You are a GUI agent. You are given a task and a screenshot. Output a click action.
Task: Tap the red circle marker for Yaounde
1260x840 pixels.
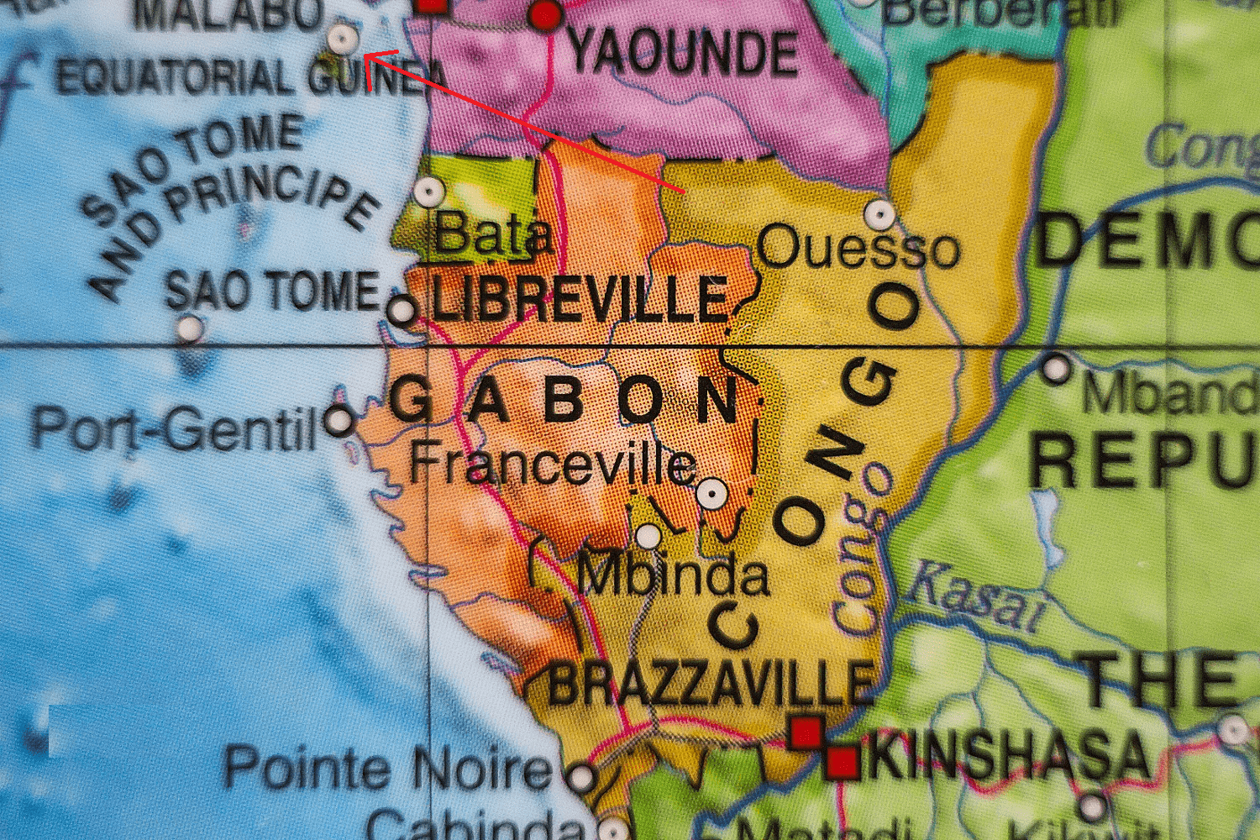(x=545, y=14)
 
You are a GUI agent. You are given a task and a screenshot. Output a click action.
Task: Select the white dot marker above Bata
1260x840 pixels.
(x=428, y=192)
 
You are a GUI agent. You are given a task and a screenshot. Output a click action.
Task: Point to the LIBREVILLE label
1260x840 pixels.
(x=580, y=300)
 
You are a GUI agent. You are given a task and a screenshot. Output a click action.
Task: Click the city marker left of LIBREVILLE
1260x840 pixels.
(x=402, y=311)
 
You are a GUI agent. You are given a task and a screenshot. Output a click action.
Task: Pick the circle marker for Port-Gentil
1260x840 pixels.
(x=339, y=419)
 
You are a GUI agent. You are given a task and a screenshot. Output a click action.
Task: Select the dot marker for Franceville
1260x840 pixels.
(x=712, y=494)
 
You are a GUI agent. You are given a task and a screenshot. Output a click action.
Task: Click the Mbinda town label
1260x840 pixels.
(x=673, y=575)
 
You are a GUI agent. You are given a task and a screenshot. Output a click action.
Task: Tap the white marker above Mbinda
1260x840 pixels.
(x=648, y=535)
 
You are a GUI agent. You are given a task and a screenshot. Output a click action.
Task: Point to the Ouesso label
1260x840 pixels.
(x=858, y=249)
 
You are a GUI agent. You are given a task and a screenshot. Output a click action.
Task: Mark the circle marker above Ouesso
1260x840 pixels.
(x=879, y=214)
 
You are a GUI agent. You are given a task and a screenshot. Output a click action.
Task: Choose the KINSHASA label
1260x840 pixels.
(x=1008, y=755)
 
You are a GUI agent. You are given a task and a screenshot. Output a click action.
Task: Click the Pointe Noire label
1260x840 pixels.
(x=387, y=768)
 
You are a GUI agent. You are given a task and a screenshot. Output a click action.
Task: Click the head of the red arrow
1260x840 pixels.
(x=366, y=56)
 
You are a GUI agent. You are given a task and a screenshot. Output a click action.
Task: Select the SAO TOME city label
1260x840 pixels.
(x=272, y=291)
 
